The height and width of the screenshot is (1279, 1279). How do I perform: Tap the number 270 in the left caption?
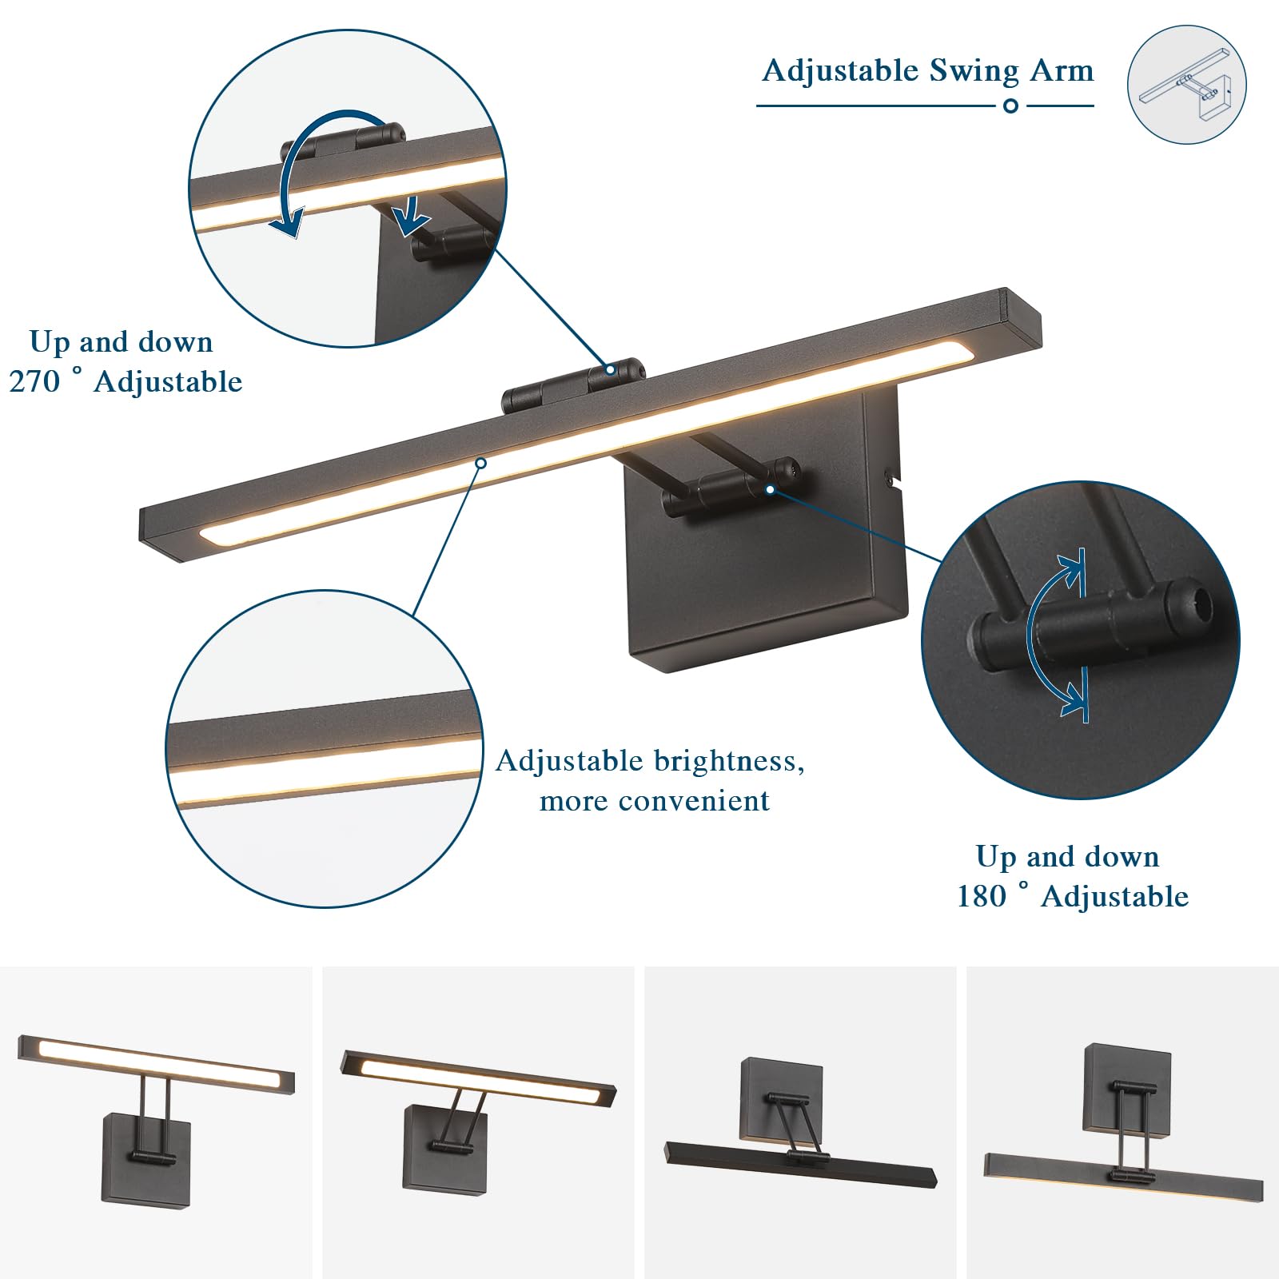(34, 382)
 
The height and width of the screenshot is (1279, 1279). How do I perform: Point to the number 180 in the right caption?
(982, 897)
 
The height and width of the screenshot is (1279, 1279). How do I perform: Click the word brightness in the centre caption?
(720, 761)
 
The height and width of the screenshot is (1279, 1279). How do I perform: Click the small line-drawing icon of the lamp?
(1186, 85)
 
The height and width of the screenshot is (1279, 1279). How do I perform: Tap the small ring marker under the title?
(1010, 106)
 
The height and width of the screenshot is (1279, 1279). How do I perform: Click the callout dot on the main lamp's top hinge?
(610, 369)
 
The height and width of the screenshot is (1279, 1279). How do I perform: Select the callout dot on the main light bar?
(480, 463)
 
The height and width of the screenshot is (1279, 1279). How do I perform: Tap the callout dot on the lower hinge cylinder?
(770, 489)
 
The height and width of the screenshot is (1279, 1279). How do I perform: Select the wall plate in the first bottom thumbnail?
(146, 1159)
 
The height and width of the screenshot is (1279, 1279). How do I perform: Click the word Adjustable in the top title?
(840, 72)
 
